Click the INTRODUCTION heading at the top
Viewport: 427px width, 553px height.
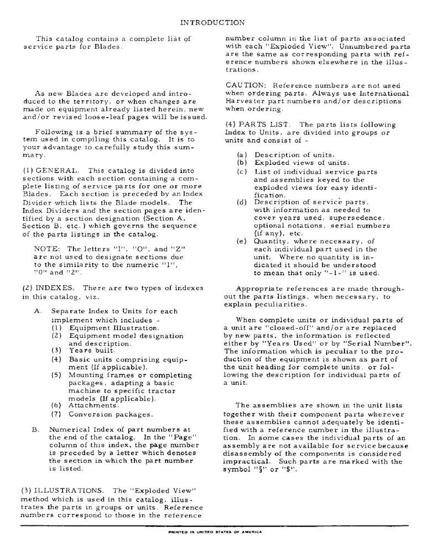pos(213,23)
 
